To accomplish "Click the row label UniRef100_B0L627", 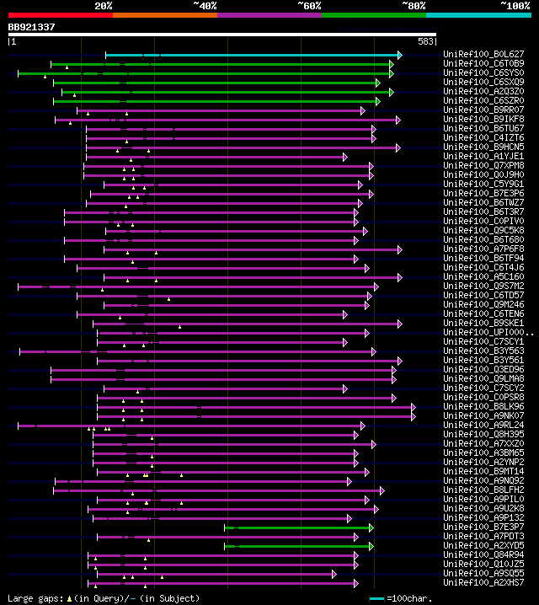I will pos(483,55).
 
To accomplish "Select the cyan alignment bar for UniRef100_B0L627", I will pos(253,55).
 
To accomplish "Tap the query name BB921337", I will pos(32,27).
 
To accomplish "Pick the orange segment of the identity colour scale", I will pos(164,15).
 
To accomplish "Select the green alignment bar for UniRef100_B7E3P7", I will pos(299,527).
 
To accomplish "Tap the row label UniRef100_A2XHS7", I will pos(483,582).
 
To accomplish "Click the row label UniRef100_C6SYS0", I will pos(483,73).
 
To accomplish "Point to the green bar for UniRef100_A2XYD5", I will pos(299,546).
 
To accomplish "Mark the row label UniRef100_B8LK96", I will pos(483,407).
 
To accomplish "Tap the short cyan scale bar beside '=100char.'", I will pos(377,598).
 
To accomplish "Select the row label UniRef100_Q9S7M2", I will pos(483,286).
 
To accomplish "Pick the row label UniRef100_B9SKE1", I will pos(483,324).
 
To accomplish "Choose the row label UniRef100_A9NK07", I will pos(483,416).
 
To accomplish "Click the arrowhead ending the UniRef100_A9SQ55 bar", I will pos(334,574).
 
